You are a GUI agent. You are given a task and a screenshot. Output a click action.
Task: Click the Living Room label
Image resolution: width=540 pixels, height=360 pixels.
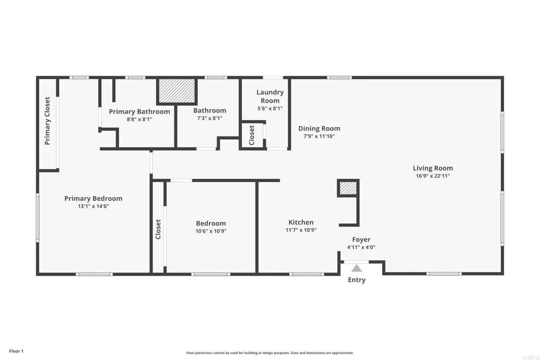coord(432,169)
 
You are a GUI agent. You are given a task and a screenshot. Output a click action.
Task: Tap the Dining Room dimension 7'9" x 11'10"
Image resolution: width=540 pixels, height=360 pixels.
coord(319,136)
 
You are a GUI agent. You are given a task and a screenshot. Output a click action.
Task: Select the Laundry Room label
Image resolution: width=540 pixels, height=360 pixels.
coord(269,96)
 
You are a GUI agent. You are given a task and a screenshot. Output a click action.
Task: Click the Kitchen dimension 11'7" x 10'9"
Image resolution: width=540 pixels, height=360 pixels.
coord(301,230)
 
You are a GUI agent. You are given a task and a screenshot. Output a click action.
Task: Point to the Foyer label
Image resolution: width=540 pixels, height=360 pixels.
coord(361,240)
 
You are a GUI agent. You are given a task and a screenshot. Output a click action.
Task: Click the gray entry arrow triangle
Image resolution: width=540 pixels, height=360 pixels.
coord(357,268)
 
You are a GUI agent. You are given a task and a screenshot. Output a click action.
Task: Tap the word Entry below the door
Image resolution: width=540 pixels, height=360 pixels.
coord(356,280)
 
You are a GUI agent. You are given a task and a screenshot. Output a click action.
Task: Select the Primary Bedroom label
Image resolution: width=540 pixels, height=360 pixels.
coord(93,199)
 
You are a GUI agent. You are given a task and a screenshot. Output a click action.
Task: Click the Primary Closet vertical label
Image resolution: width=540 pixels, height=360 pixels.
coord(47,121)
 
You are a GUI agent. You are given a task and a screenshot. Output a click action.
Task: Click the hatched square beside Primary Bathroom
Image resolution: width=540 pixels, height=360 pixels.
coord(177,91)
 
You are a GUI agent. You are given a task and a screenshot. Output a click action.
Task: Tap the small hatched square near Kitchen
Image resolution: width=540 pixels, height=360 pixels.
coord(348,188)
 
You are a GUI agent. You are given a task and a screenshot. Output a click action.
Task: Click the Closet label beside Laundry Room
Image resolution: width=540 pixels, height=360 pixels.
coord(252,135)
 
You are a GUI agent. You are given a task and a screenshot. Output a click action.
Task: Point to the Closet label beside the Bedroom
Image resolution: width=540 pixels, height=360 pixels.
coord(158,229)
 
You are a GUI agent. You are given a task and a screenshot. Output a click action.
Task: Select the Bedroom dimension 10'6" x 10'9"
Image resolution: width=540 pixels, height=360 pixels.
coord(211,231)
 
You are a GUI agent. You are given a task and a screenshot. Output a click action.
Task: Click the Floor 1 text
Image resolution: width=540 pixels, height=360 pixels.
coord(16,351)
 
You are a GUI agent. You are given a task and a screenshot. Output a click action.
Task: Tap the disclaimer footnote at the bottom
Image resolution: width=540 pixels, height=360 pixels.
coord(269,353)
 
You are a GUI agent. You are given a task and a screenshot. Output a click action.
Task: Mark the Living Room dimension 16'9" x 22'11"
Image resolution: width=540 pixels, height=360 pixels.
coord(432,176)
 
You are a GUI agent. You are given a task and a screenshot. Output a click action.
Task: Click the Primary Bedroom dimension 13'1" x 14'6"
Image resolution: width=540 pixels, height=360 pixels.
coord(93,206)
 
